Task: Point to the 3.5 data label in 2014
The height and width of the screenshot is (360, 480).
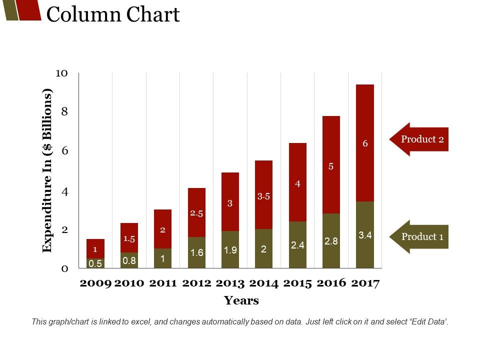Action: (263, 196)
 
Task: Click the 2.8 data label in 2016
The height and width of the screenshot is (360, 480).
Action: (331, 241)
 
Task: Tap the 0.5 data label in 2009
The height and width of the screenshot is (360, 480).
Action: (95, 263)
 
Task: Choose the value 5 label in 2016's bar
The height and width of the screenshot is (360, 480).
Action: (331, 166)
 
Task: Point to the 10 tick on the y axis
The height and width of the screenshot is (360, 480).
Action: (61, 73)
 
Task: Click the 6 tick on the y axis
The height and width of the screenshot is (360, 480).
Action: (64, 150)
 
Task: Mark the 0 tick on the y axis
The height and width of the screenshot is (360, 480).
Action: (64, 268)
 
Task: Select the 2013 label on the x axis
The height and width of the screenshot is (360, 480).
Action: (230, 283)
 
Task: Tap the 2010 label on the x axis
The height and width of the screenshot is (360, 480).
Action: (129, 283)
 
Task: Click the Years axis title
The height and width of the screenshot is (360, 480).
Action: (241, 300)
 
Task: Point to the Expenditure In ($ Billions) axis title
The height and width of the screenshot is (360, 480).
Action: (47, 171)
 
